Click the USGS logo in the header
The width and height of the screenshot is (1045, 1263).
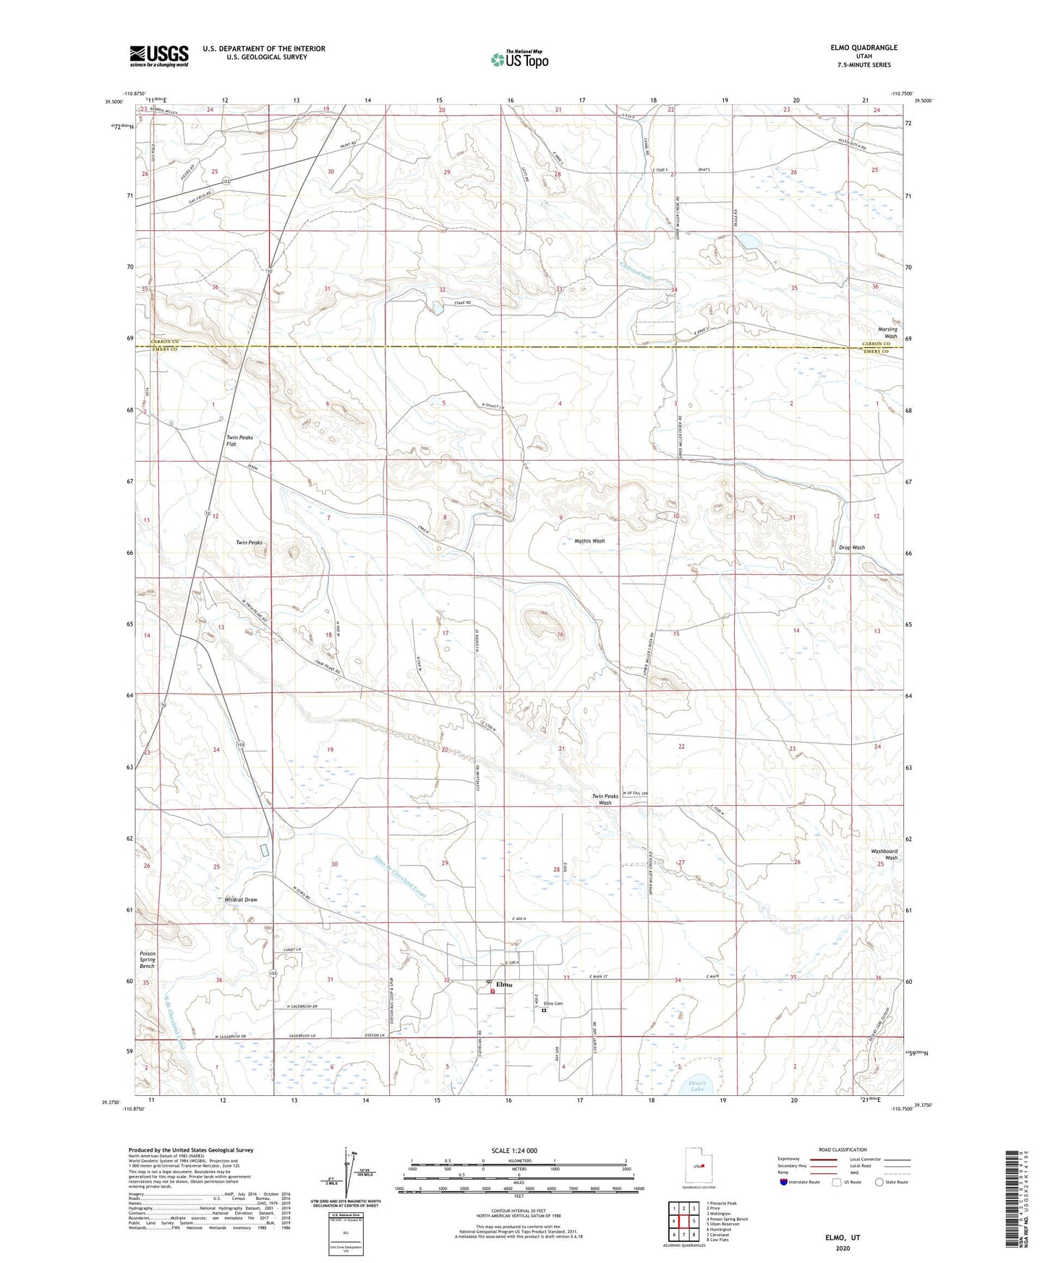[x=159, y=56]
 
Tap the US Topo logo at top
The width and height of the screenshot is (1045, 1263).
[x=519, y=59]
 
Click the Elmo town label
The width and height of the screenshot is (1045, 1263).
[x=504, y=985]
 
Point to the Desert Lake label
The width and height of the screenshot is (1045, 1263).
[x=696, y=1086]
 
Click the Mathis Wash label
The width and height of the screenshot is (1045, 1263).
[x=589, y=541]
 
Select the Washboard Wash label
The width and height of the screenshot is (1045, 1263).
[x=884, y=855]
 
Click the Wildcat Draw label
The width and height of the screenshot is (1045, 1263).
[x=241, y=900]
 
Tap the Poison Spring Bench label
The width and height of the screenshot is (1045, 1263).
[x=148, y=960]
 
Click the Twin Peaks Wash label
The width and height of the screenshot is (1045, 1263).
[x=605, y=799]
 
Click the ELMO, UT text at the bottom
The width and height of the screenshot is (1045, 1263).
[x=843, y=1238]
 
